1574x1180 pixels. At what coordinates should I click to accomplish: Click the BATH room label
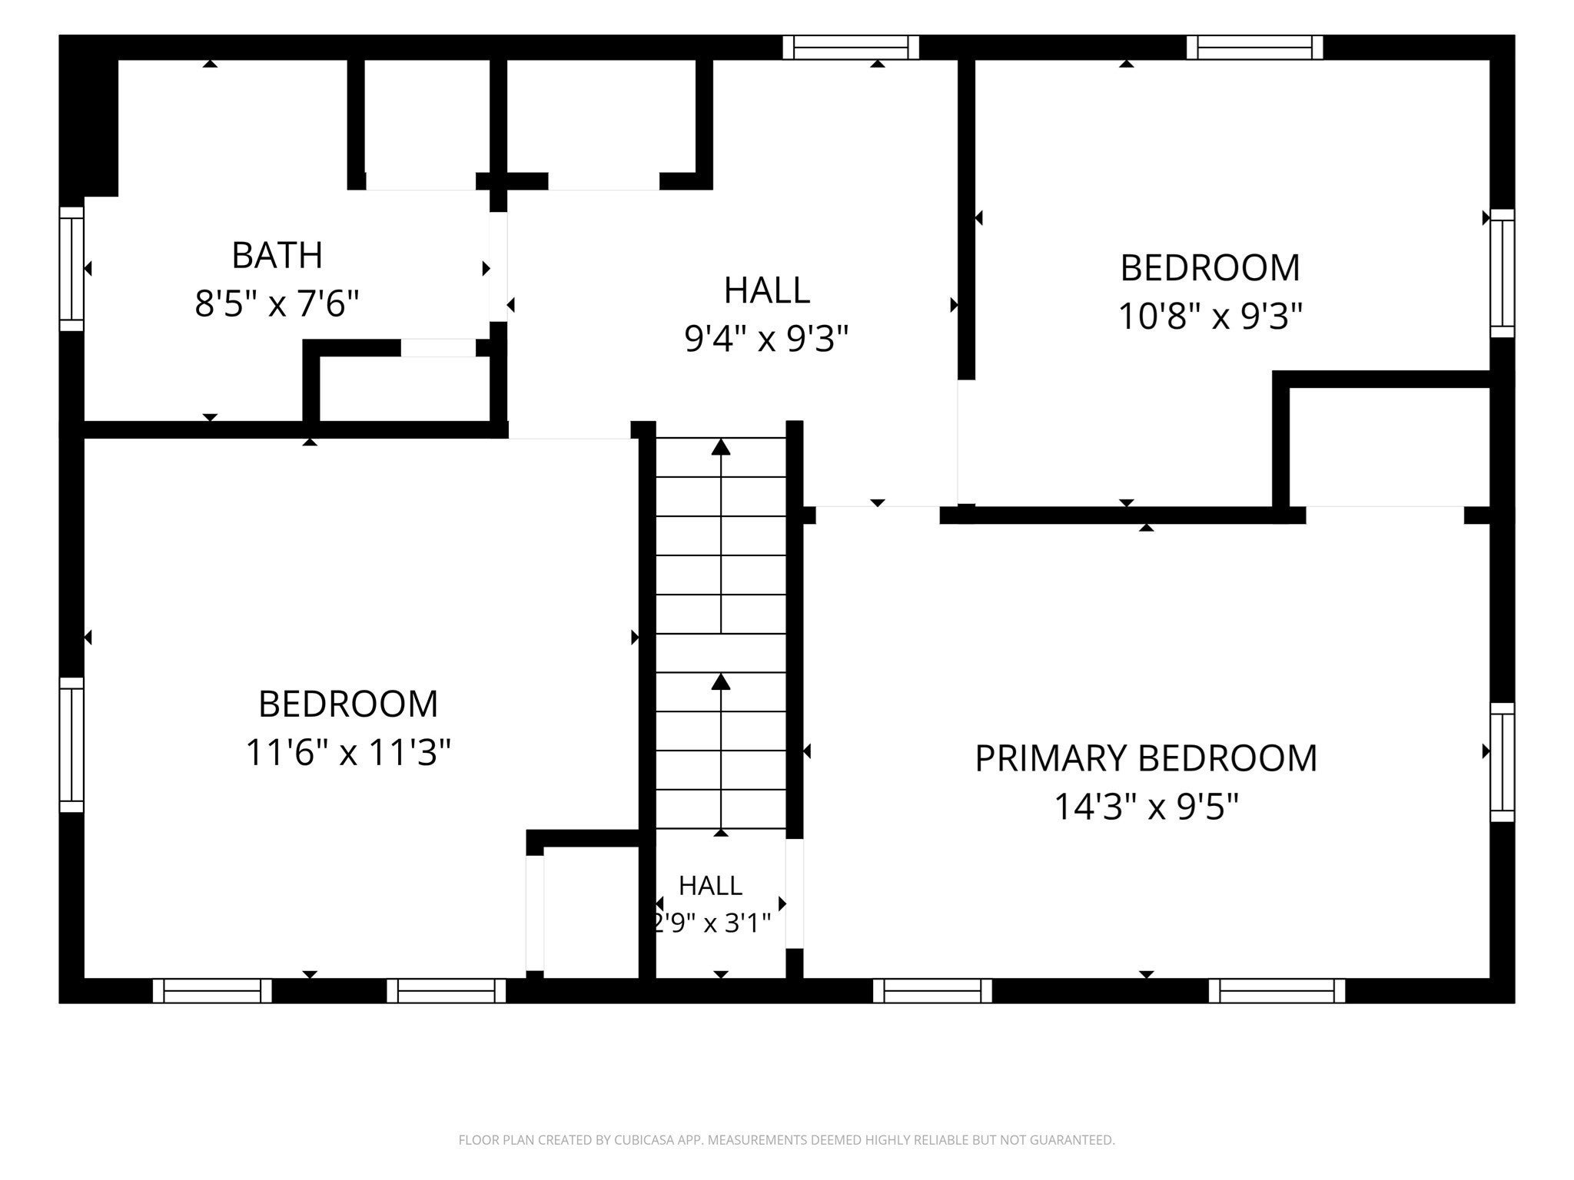click(277, 256)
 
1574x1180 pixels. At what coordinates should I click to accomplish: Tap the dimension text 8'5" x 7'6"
click(277, 304)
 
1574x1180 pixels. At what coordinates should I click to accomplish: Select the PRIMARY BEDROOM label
click(1146, 758)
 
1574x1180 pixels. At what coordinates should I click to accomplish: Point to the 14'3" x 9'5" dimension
click(1146, 807)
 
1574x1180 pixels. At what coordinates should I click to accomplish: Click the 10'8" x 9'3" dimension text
click(1210, 316)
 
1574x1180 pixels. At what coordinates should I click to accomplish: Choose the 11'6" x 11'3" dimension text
click(348, 753)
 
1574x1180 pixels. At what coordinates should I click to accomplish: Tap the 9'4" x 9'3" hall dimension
click(766, 339)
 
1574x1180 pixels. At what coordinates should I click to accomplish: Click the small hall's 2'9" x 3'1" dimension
click(711, 922)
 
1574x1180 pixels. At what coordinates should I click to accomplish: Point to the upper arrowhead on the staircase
click(720, 446)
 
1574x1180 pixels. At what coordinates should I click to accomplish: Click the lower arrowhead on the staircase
click(720, 681)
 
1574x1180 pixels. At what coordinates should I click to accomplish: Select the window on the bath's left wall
click(71, 269)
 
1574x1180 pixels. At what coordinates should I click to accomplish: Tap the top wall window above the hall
click(851, 48)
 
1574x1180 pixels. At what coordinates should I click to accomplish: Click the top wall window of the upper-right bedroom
click(1254, 48)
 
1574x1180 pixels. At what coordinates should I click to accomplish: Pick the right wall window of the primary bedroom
click(1503, 762)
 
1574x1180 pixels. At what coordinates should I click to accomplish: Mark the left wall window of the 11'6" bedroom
click(71, 744)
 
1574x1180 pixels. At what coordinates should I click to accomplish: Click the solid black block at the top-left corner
click(88, 115)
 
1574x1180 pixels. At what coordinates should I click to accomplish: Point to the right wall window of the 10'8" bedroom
click(1503, 273)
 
